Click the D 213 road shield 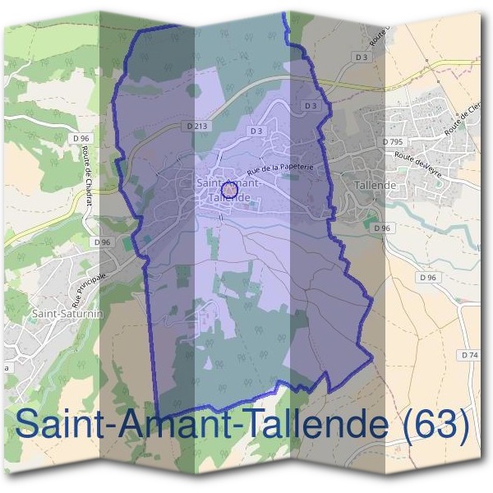tap(196, 126)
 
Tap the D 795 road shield tap(393, 142)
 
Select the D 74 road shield tap(469, 354)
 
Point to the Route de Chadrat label tap(85, 176)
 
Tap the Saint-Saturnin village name tap(66, 313)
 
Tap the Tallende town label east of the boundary tap(375, 186)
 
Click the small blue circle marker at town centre tap(230, 190)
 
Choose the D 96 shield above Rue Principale tap(102, 242)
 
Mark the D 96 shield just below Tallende tap(380, 228)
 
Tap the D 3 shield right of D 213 tap(256, 131)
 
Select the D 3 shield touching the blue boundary tap(310, 106)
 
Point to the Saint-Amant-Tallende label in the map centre tap(229, 190)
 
